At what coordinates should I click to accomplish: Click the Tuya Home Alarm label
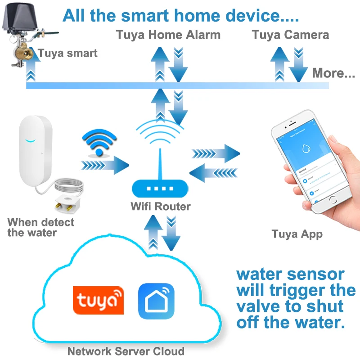(168, 35)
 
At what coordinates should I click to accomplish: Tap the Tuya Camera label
(290, 35)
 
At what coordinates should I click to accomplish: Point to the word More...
(333, 73)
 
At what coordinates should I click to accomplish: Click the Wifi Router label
(160, 207)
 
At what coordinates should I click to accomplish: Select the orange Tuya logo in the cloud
(98, 300)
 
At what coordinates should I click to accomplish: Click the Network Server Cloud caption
(126, 351)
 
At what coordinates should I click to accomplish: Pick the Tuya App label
(297, 234)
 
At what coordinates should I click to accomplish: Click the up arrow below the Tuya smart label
(31, 70)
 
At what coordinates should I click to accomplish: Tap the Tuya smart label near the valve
(68, 54)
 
